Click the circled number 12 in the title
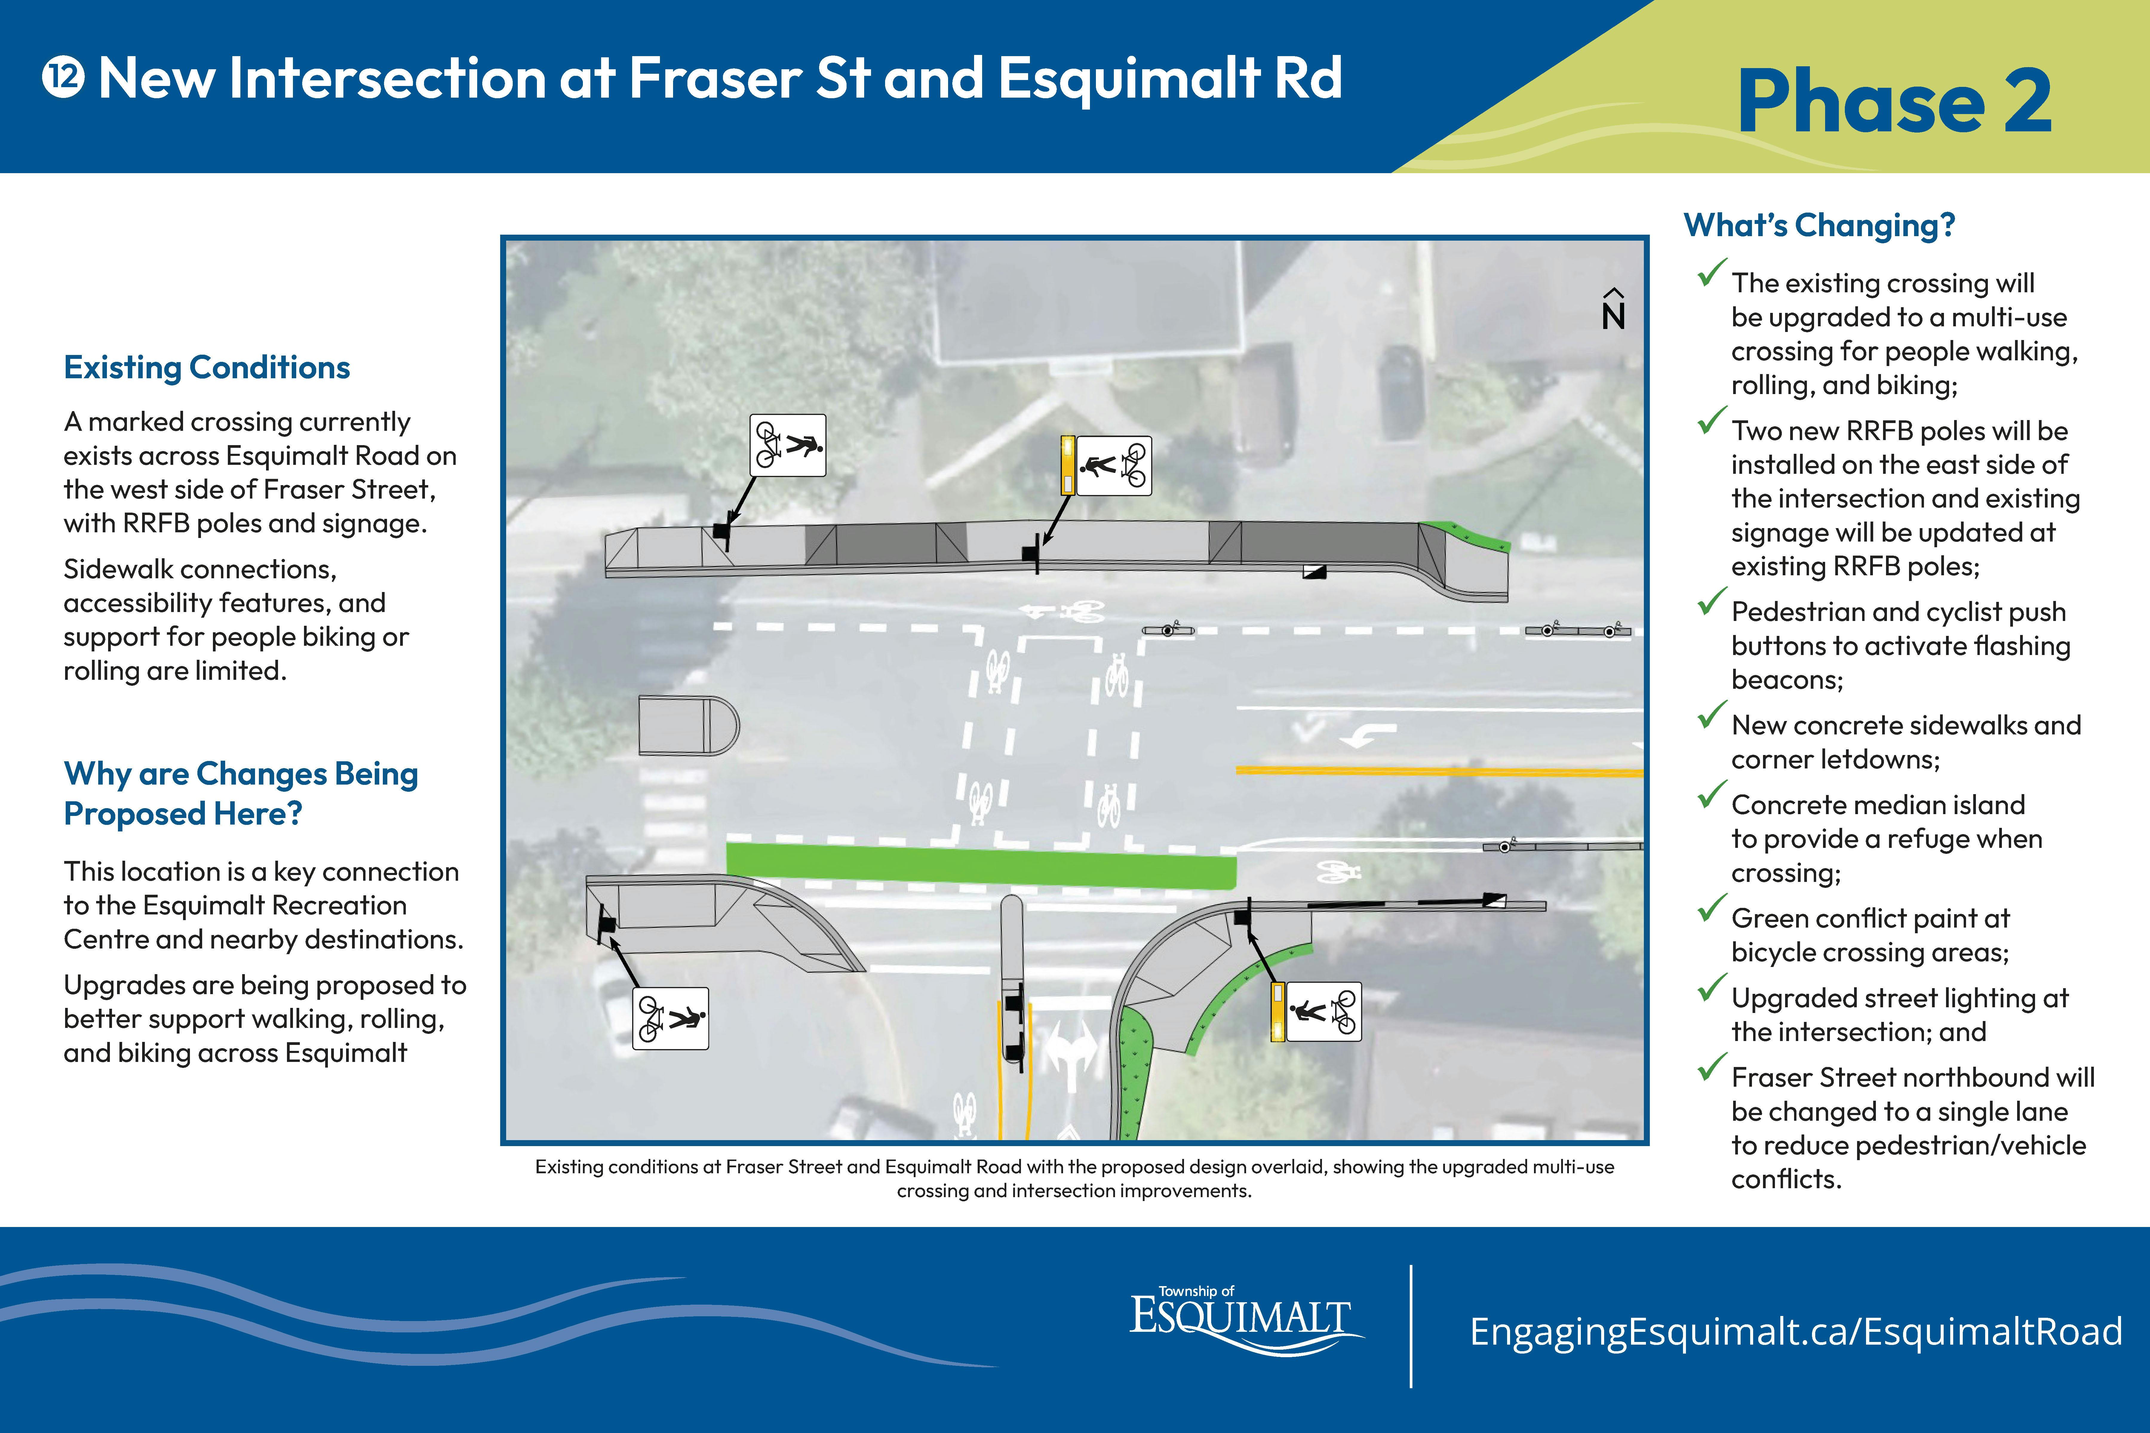[x=63, y=78]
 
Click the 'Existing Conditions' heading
[x=207, y=368]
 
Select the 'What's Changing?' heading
[x=1819, y=225]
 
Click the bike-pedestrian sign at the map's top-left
[x=788, y=445]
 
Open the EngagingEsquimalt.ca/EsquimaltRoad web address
[x=1795, y=1331]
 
